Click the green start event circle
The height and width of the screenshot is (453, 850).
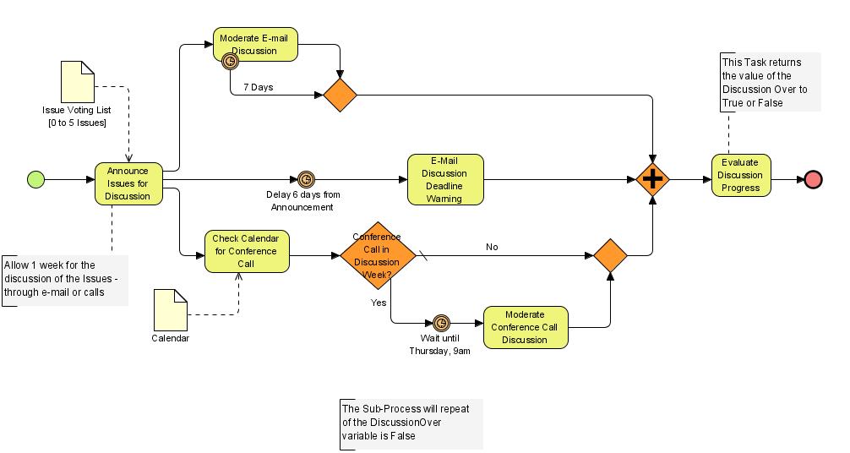pos(35,179)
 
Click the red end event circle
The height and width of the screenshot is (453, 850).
pos(813,179)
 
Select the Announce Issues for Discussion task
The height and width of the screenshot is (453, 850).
pos(128,183)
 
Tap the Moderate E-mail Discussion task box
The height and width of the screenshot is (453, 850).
pos(255,44)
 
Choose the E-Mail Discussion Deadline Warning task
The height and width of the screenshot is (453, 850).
pos(445,179)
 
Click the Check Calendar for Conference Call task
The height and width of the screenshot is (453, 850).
pos(247,252)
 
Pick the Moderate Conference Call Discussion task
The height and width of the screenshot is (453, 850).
pos(525,327)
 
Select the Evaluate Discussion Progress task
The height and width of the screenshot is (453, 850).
pos(740,176)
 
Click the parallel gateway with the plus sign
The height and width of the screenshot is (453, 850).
pos(652,179)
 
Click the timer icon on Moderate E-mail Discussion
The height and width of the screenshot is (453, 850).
pos(229,61)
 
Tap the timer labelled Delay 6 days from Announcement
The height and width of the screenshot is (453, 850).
pos(306,179)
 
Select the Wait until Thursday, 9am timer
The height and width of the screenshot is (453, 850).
pos(441,323)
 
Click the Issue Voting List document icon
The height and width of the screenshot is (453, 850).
pos(77,81)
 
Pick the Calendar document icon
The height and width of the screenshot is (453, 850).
pos(170,309)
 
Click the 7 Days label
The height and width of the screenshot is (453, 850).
pos(258,87)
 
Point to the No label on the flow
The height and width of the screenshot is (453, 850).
pos(492,247)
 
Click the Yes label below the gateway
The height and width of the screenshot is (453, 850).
pos(379,302)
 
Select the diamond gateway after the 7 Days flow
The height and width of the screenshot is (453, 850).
pos(340,95)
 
